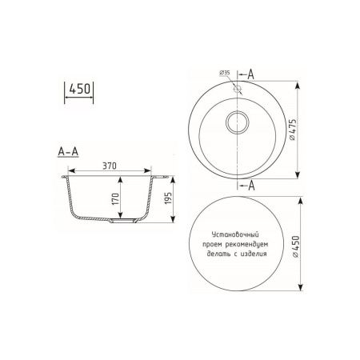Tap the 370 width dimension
pos(110,165)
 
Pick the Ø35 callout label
pos(224,74)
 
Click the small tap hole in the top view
pos(238,89)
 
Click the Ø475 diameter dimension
pos(295,128)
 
